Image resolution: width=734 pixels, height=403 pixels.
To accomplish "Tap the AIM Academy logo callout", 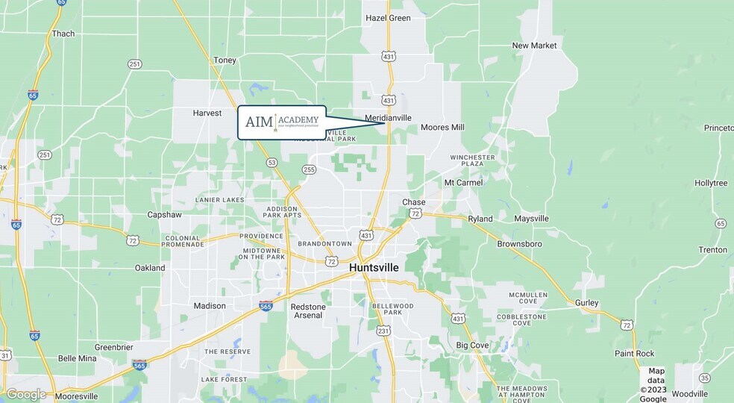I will (x=282, y=122).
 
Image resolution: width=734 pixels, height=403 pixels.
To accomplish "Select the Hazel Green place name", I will (x=388, y=18).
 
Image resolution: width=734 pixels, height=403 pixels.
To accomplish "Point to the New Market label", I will (x=534, y=46).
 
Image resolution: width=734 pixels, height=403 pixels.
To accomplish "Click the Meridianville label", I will (x=388, y=118).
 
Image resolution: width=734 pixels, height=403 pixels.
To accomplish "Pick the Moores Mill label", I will (x=442, y=128).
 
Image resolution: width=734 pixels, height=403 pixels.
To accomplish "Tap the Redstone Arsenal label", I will (x=307, y=311).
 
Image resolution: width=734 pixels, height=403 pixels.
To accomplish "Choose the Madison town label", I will (x=210, y=306).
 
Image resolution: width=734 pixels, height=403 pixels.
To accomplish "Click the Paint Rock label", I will (x=634, y=353).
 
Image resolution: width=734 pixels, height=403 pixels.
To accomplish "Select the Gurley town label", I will (x=586, y=302).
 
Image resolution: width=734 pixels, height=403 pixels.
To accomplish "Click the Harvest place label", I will (x=207, y=113).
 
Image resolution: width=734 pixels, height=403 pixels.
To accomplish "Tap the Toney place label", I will (x=225, y=60).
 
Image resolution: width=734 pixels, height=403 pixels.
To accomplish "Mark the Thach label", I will (x=63, y=34).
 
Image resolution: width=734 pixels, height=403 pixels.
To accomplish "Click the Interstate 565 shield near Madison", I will (x=266, y=305).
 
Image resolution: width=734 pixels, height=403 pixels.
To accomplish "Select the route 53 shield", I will (x=272, y=163).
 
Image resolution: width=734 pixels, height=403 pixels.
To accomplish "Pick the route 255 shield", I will (x=309, y=170).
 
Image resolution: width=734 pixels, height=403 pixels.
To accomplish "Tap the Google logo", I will (x=25, y=394).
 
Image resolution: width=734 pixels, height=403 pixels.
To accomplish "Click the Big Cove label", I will (x=472, y=346).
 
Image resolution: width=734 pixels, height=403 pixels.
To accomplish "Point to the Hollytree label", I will (x=711, y=183).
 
